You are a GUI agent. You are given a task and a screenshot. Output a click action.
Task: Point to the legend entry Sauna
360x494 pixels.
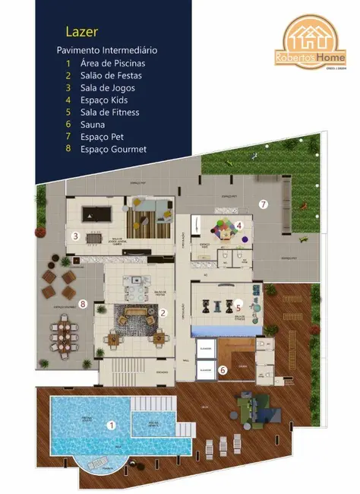tap(96, 124)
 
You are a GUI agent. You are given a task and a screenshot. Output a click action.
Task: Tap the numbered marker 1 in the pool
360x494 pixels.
tap(111, 426)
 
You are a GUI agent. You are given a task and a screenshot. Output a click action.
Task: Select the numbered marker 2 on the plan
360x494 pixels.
tap(163, 312)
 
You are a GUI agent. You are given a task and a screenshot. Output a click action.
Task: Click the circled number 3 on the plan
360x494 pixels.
tap(75, 236)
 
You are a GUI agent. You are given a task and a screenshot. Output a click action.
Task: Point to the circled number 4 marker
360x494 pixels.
tap(238, 225)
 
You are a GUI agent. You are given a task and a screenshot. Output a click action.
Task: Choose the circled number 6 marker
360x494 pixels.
tap(223, 370)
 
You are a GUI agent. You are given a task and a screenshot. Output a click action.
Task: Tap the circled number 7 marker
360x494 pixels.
tap(264, 204)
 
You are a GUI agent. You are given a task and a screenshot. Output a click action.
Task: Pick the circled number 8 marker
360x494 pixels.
tap(83, 304)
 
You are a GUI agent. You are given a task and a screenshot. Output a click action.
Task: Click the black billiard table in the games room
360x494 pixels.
tap(93, 215)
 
